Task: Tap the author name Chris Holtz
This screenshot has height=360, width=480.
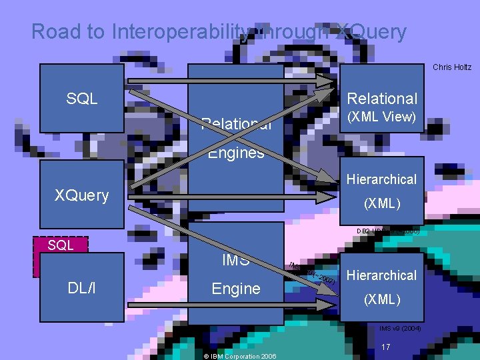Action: coord(451,67)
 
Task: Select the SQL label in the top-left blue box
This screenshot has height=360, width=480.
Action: coord(82,99)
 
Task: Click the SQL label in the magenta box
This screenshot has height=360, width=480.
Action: coord(61,245)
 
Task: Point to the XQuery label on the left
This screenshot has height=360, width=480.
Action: coord(81,195)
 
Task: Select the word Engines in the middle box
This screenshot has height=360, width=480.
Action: coord(236,153)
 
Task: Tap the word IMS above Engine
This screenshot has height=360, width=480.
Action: coord(235,260)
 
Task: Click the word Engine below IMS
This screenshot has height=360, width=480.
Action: coord(235,289)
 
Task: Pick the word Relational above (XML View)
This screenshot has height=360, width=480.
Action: coord(383,99)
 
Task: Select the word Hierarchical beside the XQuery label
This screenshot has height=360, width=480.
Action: coord(382,179)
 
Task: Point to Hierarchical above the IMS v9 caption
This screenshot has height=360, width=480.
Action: coord(382,275)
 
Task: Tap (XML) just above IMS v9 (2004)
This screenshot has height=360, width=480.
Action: coord(382,299)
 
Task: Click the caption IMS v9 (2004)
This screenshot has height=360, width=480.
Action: coord(400,329)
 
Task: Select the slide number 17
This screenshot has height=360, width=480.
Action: coord(386,347)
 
